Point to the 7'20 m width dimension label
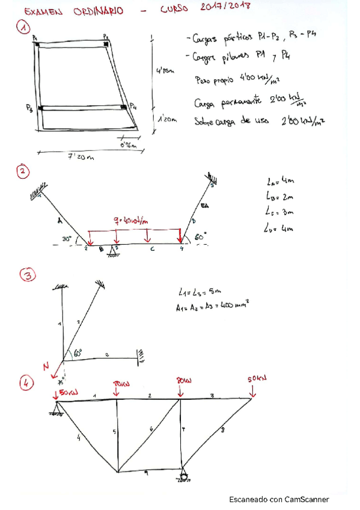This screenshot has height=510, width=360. coord(81,157)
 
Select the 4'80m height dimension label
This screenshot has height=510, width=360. coord(164,72)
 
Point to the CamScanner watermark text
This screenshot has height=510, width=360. coord(279,499)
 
